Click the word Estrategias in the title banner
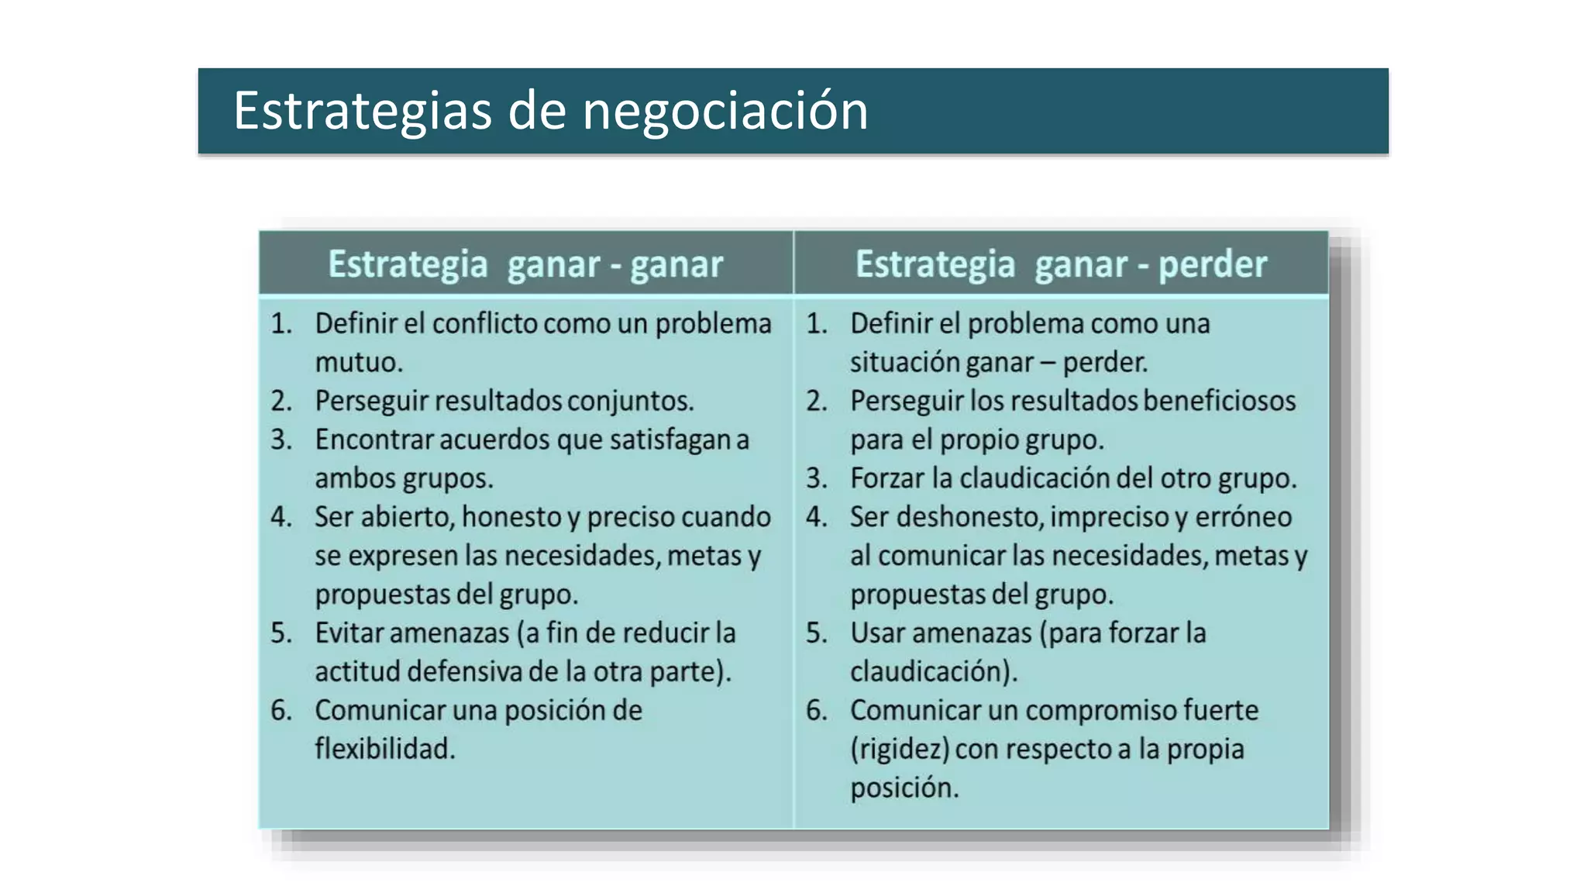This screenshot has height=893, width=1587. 362,111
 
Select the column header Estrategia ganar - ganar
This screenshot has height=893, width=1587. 525,264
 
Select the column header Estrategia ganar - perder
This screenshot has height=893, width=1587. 1061,264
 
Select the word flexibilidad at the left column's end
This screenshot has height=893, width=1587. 383,749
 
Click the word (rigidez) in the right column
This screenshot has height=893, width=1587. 899,749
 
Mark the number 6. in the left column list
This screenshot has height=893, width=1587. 281,710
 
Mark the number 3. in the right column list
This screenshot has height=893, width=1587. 817,478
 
